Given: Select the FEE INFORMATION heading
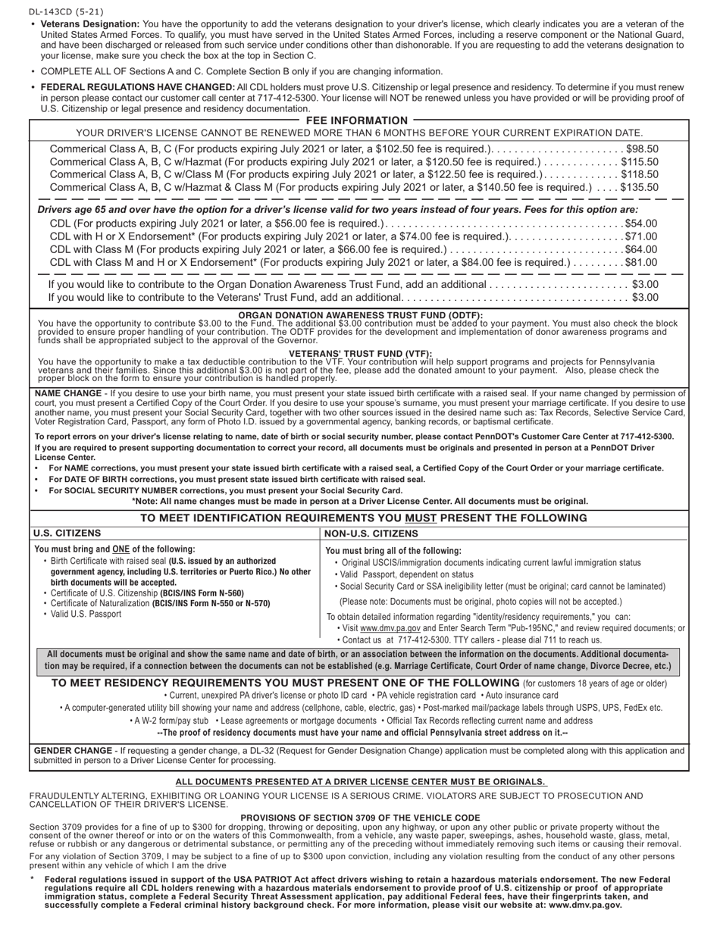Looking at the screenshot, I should [356, 120].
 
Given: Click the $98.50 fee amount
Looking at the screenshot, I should [642, 149].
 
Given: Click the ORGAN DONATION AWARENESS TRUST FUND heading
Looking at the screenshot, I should [360, 315].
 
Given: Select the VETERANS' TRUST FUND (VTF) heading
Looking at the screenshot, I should [360, 353].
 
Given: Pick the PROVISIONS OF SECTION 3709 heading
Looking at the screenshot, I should [360, 818].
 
